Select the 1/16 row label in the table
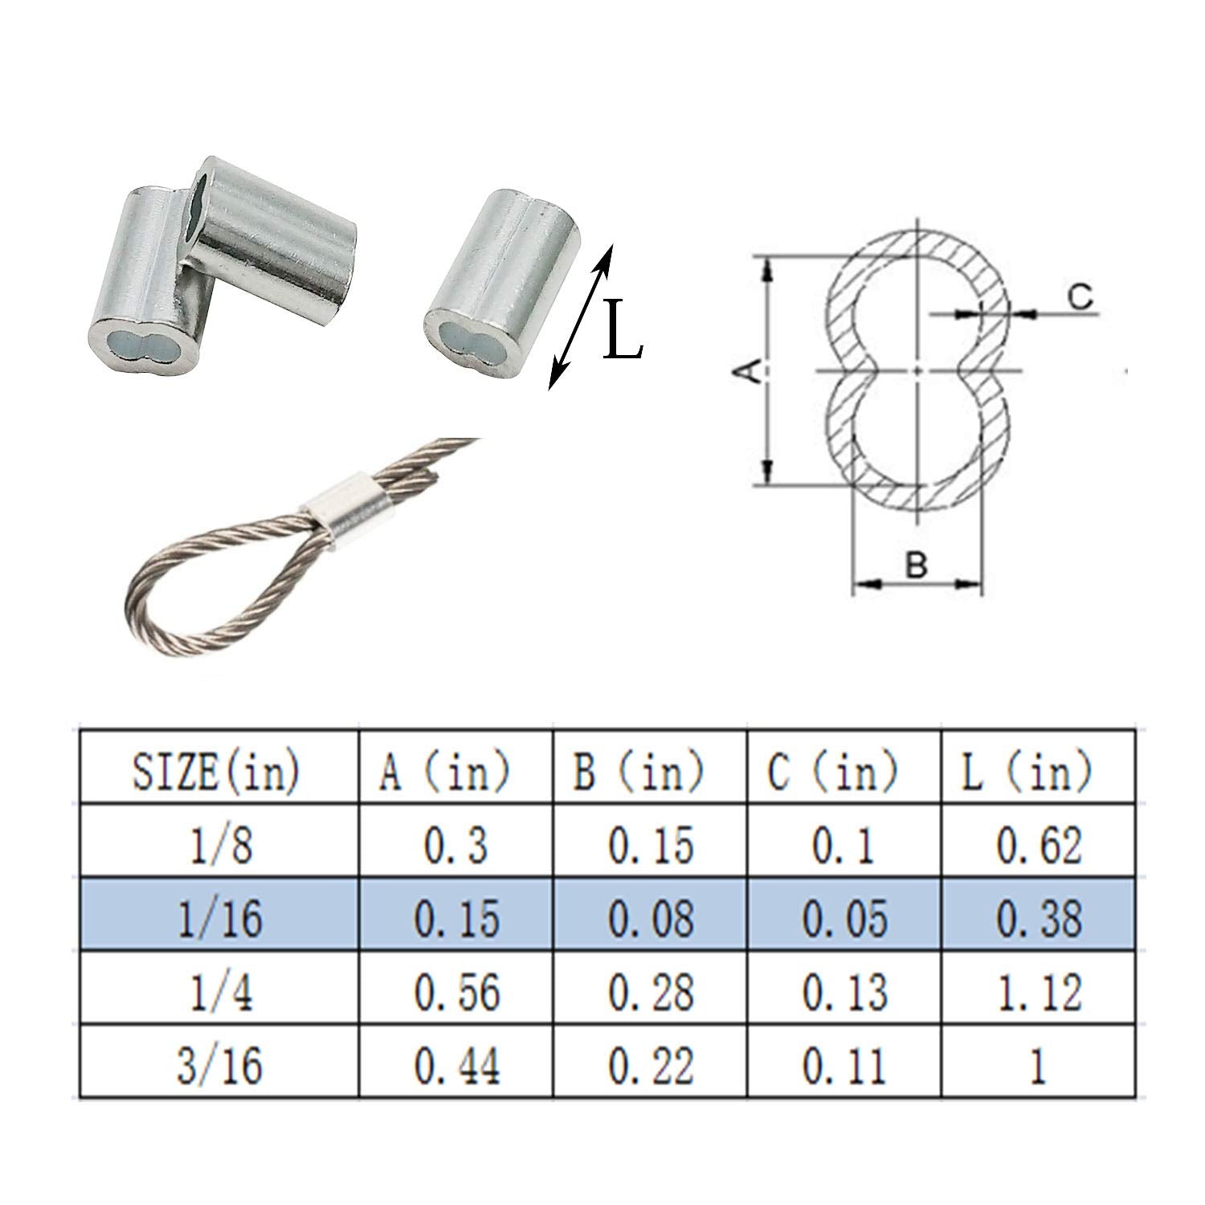coord(218,917)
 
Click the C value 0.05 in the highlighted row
coord(844,917)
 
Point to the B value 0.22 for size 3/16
coord(651,1064)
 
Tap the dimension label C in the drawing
coord(1080,298)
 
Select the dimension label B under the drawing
coord(917,565)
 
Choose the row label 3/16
coord(218,1064)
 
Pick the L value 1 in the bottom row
coord(1040,1064)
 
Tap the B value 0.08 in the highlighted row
coord(651,917)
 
